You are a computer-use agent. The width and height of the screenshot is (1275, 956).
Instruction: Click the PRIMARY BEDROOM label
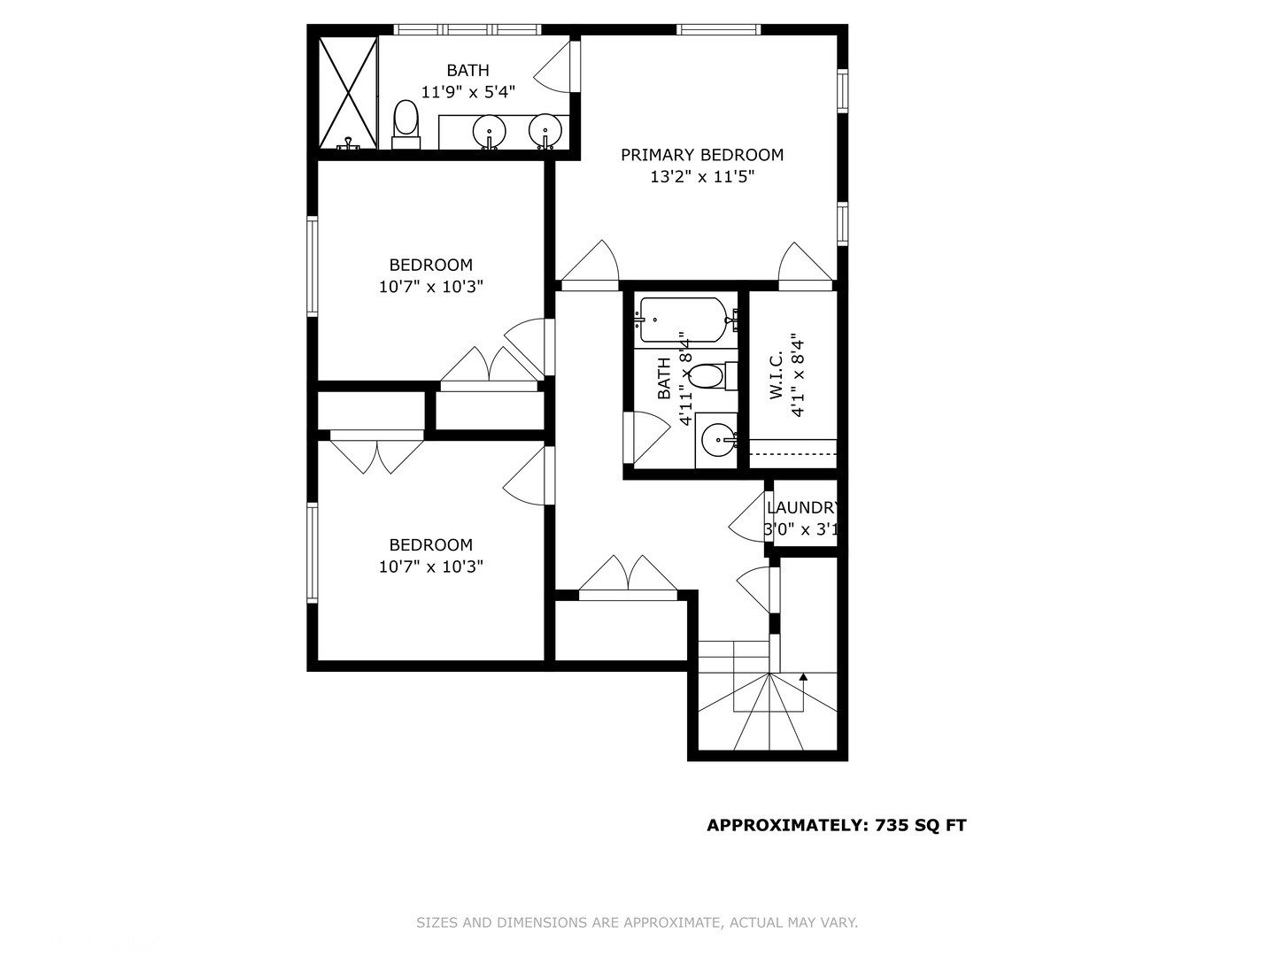pyautogui.click(x=701, y=155)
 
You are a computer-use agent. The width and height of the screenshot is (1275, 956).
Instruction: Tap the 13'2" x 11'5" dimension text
pyautogui.click(x=701, y=177)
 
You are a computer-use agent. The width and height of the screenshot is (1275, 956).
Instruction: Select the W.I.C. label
pyautogui.click(x=777, y=375)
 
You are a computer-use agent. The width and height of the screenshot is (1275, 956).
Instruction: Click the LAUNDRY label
pyautogui.click(x=802, y=508)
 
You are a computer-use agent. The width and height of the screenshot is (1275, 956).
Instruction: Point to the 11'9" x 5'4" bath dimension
pyautogui.click(x=467, y=91)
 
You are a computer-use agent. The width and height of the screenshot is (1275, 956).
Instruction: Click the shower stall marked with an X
pyautogui.click(x=347, y=92)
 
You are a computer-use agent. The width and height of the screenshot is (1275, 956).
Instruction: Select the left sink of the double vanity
pyautogui.click(x=489, y=132)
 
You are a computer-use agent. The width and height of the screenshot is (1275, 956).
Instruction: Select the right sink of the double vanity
pyautogui.click(x=545, y=132)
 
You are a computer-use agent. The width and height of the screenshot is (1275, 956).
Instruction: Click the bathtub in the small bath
pyautogui.click(x=683, y=320)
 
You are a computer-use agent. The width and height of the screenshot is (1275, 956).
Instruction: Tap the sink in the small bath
pyautogui.click(x=717, y=438)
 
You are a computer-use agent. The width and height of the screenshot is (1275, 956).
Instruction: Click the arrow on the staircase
pyautogui.click(x=803, y=678)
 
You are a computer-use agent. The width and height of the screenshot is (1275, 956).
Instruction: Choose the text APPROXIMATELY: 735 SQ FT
pyautogui.click(x=836, y=826)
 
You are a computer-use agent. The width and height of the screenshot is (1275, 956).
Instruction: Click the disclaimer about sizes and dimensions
pyautogui.click(x=637, y=922)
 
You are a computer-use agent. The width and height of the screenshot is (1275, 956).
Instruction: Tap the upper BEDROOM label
pyautogui.click(x=430, y=265)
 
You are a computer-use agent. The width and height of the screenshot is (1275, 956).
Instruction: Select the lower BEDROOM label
pyautogui.click(x=430, y=545)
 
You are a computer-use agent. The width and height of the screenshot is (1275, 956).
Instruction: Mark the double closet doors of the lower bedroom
pyautogui.click(x=377, y=452)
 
